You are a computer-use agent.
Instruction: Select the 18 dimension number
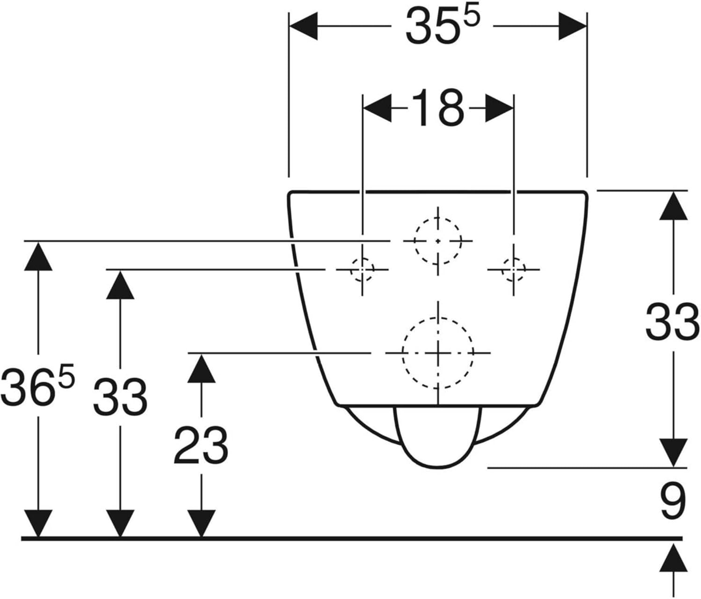438,108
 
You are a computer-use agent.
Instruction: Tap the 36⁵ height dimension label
37,385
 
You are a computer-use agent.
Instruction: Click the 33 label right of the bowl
672,321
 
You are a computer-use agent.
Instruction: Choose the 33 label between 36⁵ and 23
120,397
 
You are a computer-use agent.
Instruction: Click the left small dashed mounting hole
362,270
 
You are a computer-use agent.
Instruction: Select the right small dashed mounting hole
514,270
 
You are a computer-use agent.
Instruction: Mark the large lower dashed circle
402,353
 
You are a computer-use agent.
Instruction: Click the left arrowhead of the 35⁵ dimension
303,26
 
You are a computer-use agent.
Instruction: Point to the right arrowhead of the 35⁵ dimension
572,26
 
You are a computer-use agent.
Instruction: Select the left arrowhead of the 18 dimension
377,108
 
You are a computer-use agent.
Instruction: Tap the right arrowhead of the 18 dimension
499,108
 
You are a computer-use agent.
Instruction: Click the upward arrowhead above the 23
201,368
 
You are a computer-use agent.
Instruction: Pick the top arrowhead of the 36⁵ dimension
38,256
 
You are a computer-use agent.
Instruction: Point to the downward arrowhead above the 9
673,453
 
